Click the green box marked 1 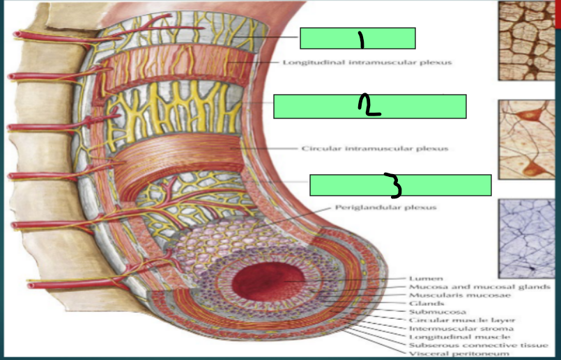click(358, 38)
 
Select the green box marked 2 click(369, 106)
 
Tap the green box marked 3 click(400, 185)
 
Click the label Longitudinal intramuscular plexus click(367, 62)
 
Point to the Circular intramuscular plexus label click(374, 148)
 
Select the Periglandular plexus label click(385, 207)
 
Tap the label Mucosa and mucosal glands click(480, 286)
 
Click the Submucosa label click(437, 311)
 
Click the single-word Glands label click(425, 304)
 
